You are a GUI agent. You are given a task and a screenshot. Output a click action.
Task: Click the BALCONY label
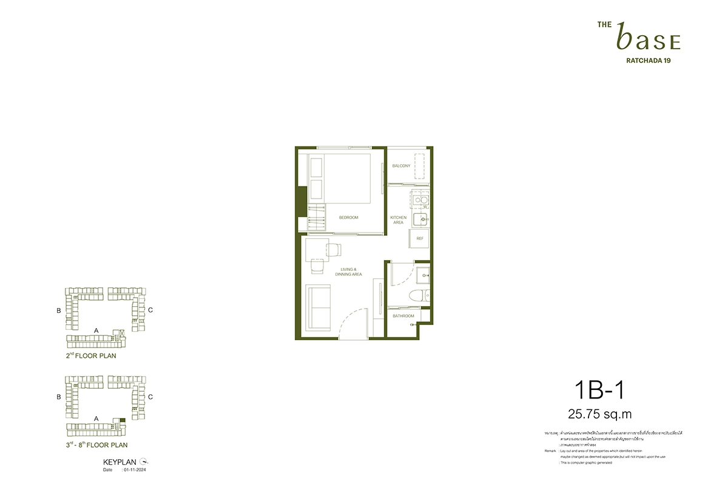pos(401,166)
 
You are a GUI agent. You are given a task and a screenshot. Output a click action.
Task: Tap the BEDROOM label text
pos(349,217)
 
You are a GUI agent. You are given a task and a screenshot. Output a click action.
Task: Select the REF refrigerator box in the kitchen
pos(419,239)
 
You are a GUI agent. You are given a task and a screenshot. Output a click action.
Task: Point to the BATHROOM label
pos(403,316)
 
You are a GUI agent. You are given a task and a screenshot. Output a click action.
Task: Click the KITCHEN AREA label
pos(398,220)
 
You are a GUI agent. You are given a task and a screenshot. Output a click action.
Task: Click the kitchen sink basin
pos(420,218)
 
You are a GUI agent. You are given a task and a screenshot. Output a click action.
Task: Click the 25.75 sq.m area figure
pos(600,414)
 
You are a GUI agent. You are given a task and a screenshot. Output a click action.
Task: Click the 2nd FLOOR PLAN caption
pos(91,356)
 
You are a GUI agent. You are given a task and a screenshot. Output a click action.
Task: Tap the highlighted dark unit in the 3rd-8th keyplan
pos(123,420)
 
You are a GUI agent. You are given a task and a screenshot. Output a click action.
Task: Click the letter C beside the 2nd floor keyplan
pos(150,310)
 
